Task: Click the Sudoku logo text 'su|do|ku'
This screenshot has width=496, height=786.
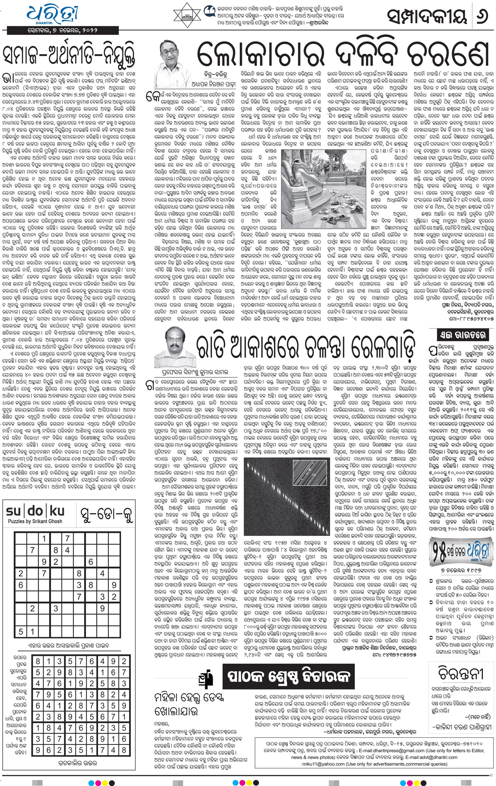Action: click(35, 511)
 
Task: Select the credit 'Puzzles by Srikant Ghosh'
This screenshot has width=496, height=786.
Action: click(35, 521)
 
